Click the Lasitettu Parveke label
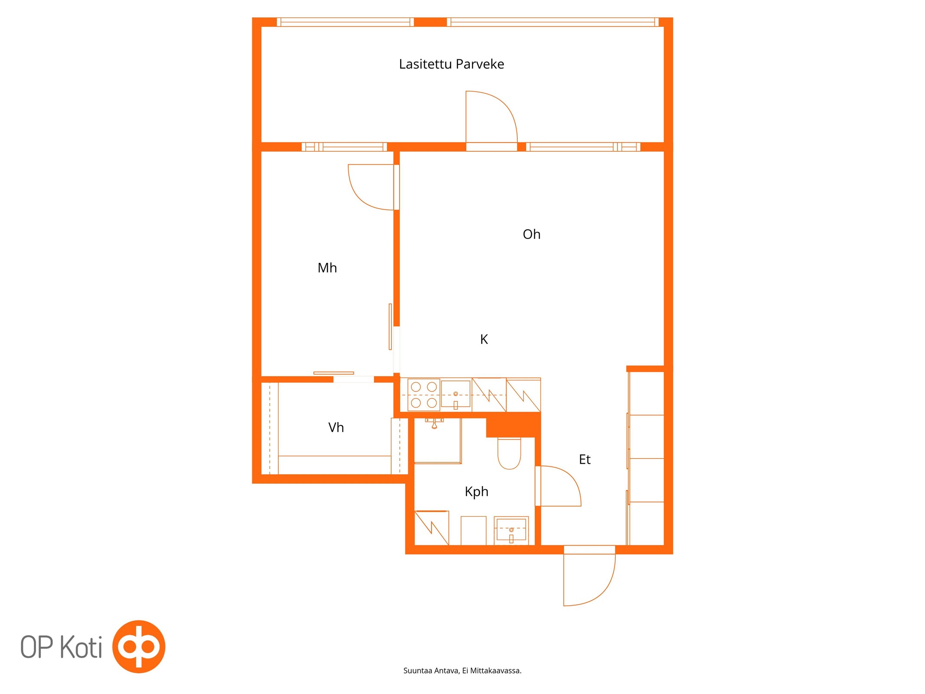pos(451,64)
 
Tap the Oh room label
pos(531,234)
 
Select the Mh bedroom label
pos(327,268)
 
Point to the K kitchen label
pos(484,339)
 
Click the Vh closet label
pos(336,427)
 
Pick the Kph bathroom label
pos(476,492)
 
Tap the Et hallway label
pos(584,459)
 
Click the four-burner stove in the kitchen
pos(424,395)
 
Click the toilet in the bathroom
pos(509,454)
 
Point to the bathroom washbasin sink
pos(511,530)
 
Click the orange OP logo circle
pos(139,646)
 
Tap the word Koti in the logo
pos(81,647)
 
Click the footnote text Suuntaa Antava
pos(431,671)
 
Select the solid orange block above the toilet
pos(513,425)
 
